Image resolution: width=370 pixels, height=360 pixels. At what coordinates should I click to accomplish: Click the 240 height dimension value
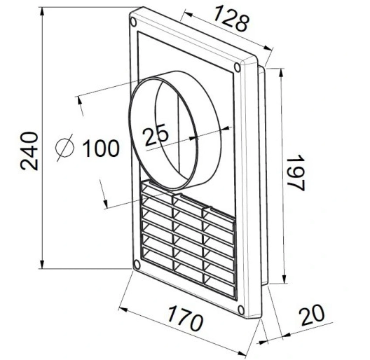coord(29,151)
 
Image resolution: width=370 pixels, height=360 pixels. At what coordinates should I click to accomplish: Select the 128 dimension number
coord(231,18)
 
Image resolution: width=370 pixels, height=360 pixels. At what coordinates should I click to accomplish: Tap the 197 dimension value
coord(296,172)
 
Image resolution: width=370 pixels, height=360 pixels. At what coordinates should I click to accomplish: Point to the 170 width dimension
coord(184,319)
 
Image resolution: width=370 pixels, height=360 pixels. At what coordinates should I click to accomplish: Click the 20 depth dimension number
coord(313,314)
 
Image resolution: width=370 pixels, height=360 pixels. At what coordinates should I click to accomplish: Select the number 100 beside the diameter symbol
coord(101,148)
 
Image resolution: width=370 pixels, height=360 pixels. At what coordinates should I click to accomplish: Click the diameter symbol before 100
coord(65,148)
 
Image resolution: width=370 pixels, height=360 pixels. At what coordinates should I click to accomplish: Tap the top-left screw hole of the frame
coord(133,22)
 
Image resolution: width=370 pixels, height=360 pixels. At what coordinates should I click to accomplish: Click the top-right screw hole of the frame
coord(237,67)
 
